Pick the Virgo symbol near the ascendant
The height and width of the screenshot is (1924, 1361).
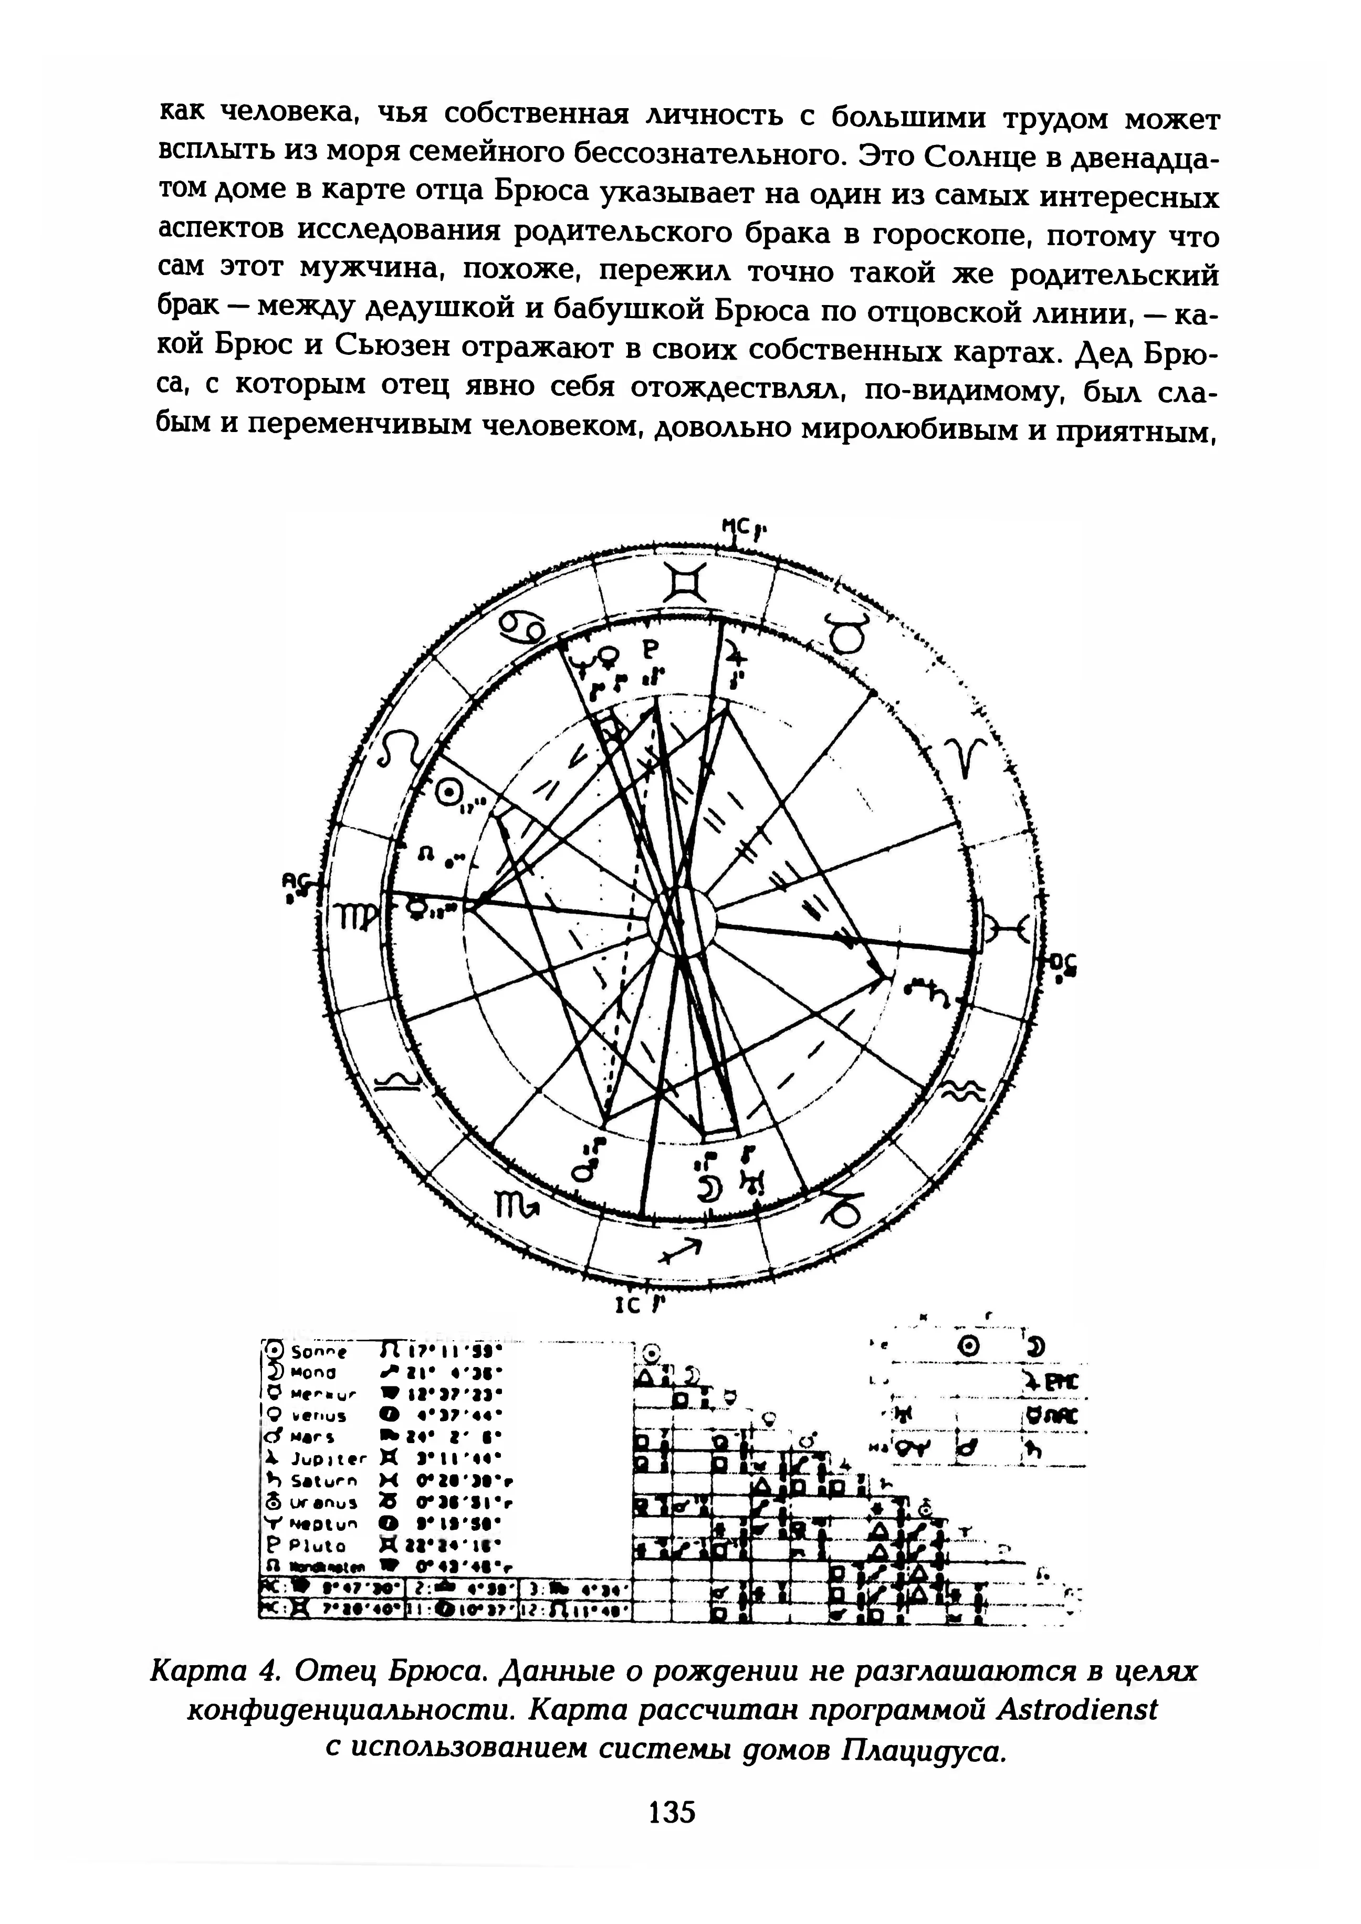352,916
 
